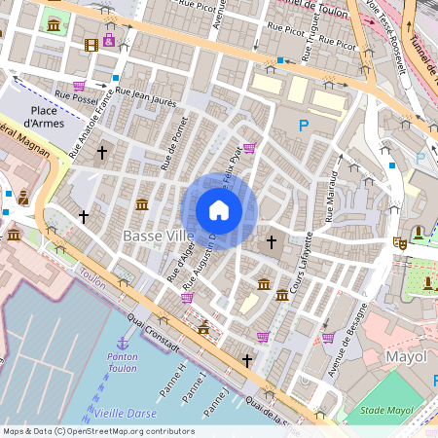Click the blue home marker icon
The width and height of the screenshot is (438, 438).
tap(219, 210)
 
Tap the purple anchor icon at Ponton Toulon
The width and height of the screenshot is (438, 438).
tap(123, 343)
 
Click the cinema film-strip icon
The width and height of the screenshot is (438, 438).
tap(91, 44)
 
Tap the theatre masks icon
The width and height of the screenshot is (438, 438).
tap(399, 241)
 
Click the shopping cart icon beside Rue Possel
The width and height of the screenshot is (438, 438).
tap(79, 85)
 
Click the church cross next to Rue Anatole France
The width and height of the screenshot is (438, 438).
tap(102, 152)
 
